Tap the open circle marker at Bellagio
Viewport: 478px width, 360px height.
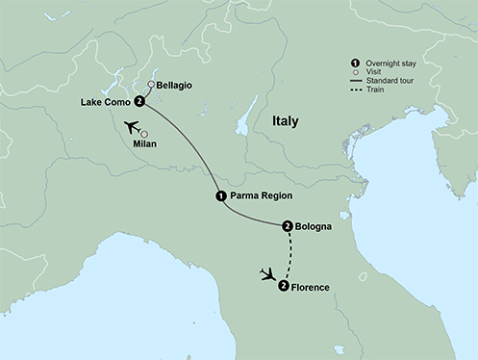[x=151, y=85]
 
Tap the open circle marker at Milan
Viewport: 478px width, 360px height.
[x=145, y=134]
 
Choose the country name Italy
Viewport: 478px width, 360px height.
[x=285, y=122]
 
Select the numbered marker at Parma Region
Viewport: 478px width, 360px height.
[x=221, y=195]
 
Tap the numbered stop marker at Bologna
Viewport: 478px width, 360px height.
[x=288, y=227]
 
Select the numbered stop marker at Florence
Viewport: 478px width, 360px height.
[x=283, y=286]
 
